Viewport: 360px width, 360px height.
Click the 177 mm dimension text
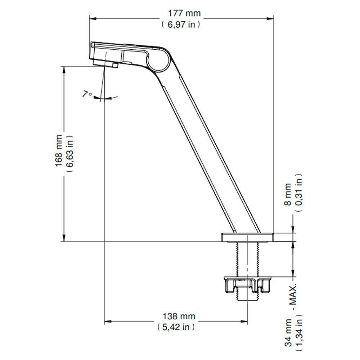185,14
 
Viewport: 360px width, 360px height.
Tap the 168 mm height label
58,150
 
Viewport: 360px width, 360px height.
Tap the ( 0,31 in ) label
299,192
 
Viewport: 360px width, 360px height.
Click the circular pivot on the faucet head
158,62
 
